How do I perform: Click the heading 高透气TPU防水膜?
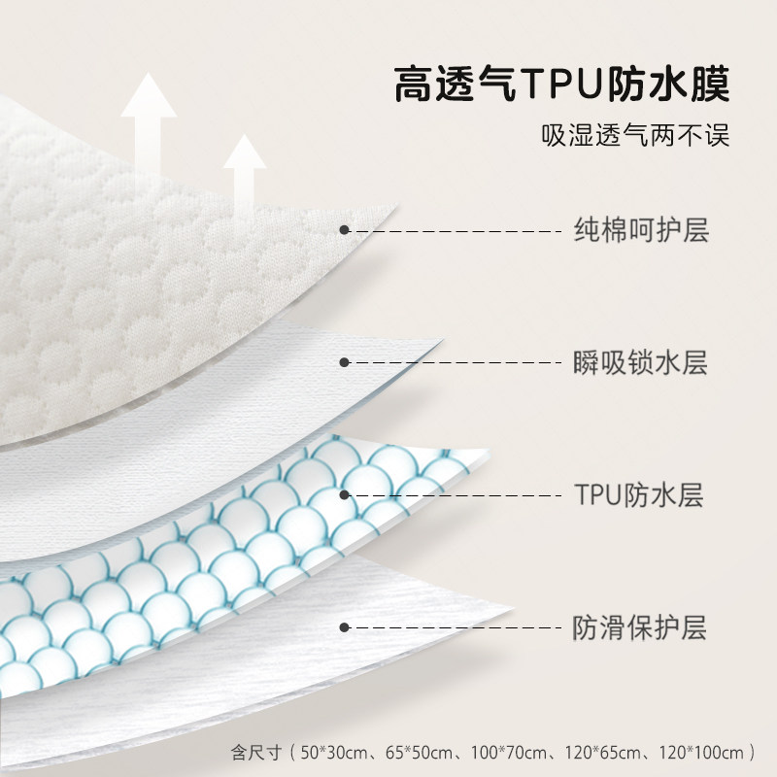pyautogui.click(x=562, y=84)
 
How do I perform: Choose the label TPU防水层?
pyautogui.click(x=637, y=495)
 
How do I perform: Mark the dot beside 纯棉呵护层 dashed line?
pyautogui.click(x=344, y=230)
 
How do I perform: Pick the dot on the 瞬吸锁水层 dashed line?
pyautogui.click(x=344, y=362)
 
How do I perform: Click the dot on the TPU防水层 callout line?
pyautogui.click(x=344, y=494)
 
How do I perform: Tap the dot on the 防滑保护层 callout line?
pyautogui.click(x=344, y=626)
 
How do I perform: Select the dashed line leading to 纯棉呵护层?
pyautogui.click(x=456, y=231)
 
